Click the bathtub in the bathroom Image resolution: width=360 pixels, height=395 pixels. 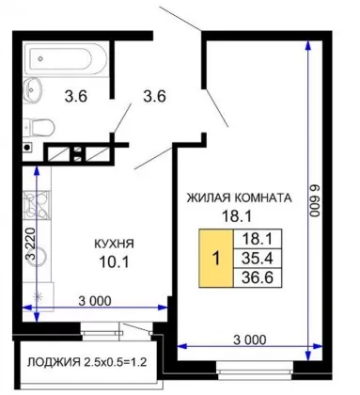(66, 59)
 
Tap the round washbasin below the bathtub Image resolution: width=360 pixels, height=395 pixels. (33, 88)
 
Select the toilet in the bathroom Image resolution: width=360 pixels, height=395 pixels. (39, 127)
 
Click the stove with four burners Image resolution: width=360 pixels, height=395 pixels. (37, 205)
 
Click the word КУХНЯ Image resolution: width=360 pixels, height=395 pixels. (114, 244)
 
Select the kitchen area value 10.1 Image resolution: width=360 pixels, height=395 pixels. (114, 261)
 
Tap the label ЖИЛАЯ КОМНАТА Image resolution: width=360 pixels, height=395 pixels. (239, 197)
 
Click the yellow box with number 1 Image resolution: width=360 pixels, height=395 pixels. (216, 259)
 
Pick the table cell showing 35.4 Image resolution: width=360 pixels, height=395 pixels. (258, 259)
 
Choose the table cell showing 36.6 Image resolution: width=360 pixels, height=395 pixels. (258, 277)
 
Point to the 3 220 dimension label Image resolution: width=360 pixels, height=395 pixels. (31, 243)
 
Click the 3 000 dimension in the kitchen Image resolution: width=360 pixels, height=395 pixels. (95, 301)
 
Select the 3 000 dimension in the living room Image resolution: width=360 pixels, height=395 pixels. (250, 340)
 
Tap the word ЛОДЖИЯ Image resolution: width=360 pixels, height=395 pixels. (54, 362)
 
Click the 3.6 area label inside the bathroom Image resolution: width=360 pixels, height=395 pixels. (76, 96)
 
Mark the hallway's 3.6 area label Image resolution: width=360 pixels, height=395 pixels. (154, 96)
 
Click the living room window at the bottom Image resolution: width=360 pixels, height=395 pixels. (255, 368)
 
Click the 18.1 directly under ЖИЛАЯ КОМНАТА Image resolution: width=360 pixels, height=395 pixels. (237, 216)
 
